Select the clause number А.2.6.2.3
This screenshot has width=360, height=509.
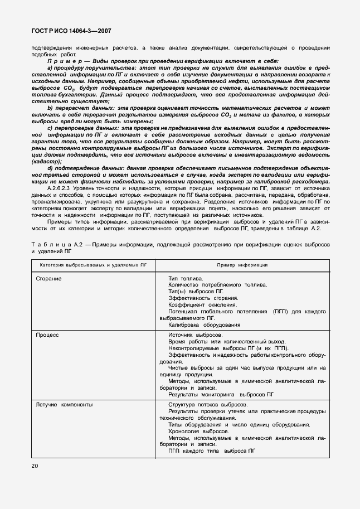click(62, 189)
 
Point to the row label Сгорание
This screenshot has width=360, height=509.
click(48, 278)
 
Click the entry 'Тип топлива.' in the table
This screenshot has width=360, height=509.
click(186, 278)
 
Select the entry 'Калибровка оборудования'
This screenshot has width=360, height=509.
click(204, 324)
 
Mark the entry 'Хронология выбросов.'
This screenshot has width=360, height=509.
click(197, 432)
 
